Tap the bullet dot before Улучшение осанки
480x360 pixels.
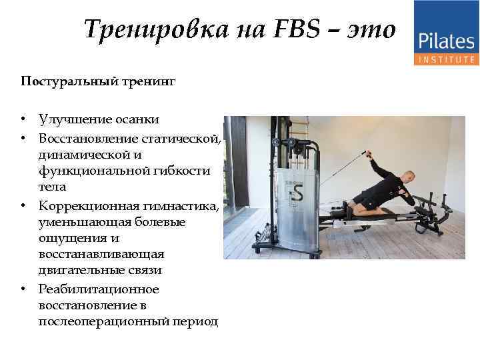coord(23,120)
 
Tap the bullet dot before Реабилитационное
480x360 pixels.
coord(23,289)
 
